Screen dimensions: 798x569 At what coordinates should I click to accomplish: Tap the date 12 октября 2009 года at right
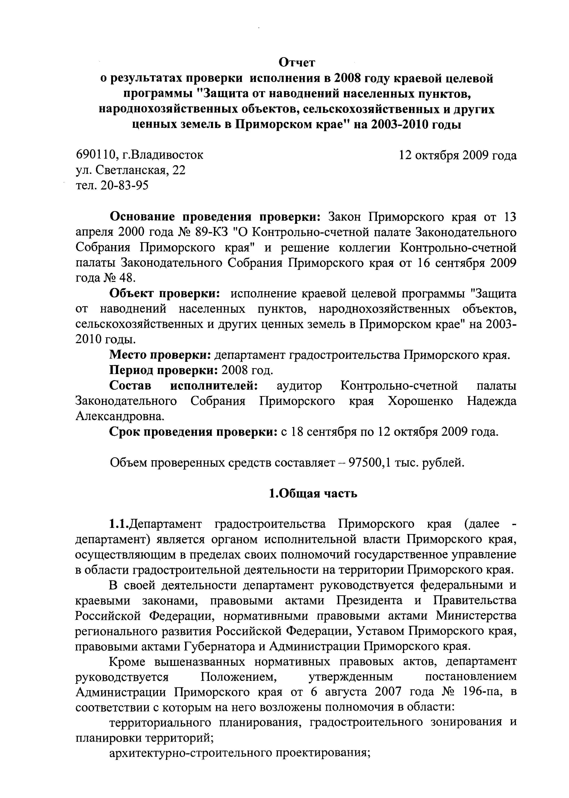tap(458, 155)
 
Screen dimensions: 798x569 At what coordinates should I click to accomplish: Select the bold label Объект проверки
tap(165, 293)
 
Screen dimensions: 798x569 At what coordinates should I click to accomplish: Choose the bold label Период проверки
tap(164, 370)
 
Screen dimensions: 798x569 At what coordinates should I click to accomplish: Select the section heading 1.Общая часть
tap(313, 493)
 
